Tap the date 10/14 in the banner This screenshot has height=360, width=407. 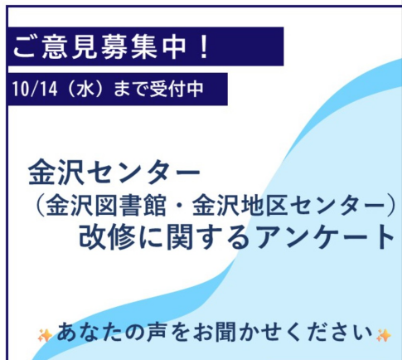35,89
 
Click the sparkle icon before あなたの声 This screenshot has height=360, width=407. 45,335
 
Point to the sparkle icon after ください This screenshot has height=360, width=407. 384,335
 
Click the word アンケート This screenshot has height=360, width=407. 325,237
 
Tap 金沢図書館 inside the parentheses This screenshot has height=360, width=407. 106,207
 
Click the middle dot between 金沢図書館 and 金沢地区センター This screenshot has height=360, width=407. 179,207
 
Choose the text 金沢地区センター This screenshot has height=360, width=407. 288,207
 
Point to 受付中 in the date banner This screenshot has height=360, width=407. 177,89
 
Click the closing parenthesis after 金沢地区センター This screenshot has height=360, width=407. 391,207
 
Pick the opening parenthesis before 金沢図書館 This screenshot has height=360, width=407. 40,207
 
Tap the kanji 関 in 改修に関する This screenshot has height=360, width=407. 179,236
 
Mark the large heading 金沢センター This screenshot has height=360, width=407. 114,172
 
